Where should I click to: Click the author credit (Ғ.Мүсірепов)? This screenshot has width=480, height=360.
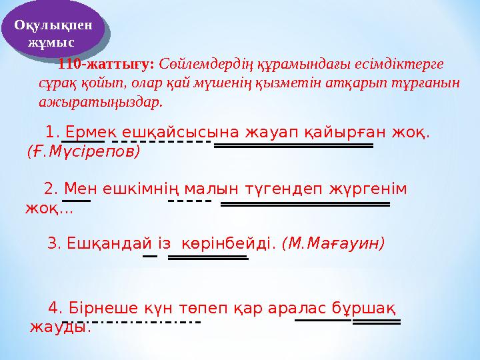tap(83, 151)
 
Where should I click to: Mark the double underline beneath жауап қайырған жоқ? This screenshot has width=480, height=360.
tap(293, 144)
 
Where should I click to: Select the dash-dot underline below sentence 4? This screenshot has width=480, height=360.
tap(131, 322)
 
